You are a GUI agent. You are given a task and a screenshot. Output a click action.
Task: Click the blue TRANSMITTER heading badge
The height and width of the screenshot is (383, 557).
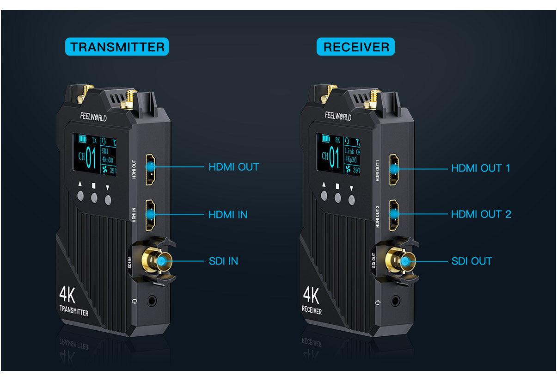[x=117, y=47]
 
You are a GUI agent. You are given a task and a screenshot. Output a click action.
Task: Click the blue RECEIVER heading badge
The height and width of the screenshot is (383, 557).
[x=355, y=47]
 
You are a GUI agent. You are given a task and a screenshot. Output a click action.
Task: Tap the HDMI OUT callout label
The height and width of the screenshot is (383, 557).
[x=233, y=167]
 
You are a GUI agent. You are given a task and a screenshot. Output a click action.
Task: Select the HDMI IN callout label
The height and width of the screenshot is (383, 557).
[x=227, y=215]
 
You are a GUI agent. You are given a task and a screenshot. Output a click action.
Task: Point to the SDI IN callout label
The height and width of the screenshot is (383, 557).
[x=223, y=261]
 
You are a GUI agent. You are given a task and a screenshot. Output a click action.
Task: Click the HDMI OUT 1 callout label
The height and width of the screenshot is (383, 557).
[x=480, y=168]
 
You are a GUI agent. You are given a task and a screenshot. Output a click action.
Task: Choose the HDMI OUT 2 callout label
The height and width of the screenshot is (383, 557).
[x=481, y=214]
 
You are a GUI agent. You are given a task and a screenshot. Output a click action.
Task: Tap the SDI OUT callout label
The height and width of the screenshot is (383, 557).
[x=471, y=261]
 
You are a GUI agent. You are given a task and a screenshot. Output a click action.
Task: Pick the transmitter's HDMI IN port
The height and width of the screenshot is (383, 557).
[x=151, y=215]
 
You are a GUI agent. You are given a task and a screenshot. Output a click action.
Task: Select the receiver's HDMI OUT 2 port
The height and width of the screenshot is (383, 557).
[x=394, y=214]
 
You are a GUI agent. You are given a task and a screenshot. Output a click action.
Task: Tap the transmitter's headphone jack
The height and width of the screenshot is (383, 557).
[x=152, y=301]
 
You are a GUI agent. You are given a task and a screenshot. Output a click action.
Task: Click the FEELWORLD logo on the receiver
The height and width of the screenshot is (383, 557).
[x=338, y=116]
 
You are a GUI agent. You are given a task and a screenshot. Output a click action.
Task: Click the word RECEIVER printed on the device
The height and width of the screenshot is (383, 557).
[x=312, y=310]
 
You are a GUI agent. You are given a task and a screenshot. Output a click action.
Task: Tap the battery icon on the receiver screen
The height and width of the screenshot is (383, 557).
[x=326, y=138]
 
